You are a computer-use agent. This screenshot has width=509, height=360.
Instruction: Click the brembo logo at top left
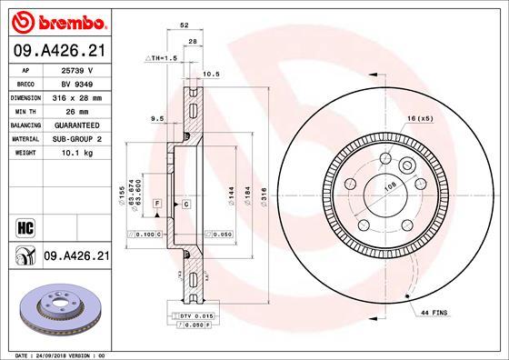(56, 20)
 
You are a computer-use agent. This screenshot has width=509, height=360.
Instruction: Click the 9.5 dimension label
(156, 117)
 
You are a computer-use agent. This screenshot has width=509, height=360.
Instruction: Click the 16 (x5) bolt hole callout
(420, 119)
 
